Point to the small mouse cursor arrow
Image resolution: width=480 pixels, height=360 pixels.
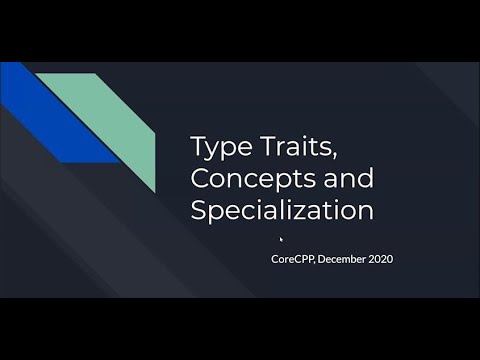click(281, 238)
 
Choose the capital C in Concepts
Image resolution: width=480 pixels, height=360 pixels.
click(199, 179)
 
